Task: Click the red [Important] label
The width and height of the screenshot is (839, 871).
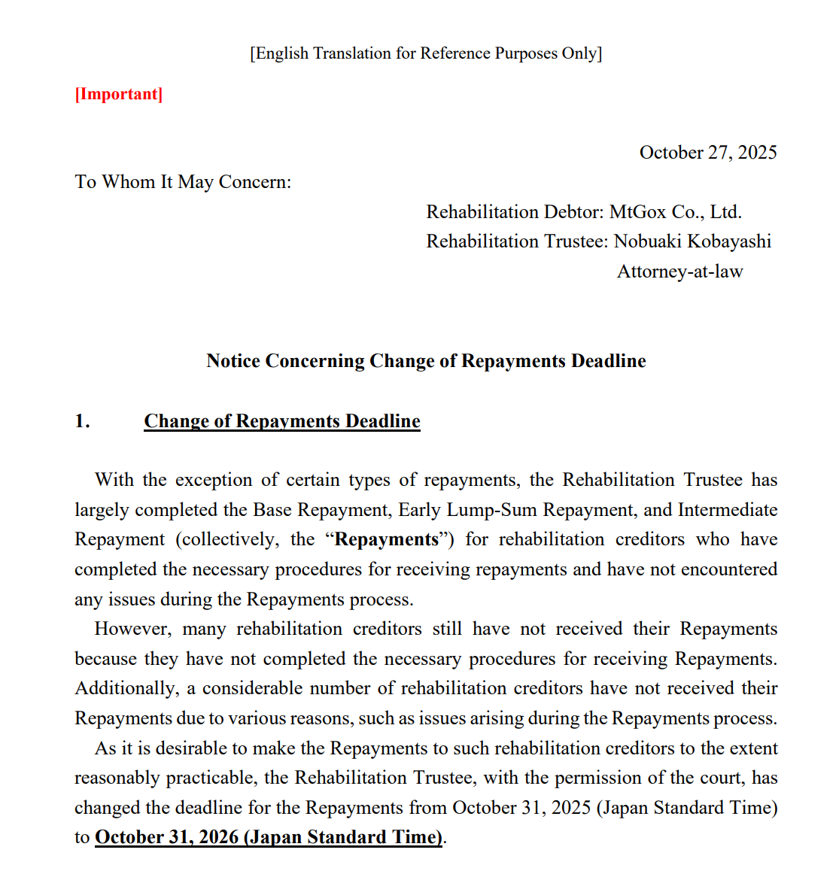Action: (x=119, y=94)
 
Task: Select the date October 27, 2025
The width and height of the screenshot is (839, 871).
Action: (x=707, y=153)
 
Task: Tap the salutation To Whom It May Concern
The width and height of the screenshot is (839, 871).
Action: (x=183, y=182)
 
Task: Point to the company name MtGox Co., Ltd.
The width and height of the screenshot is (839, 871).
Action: (x=675, y=212)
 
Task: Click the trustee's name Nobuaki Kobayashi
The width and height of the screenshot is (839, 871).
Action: (x=692, y=241)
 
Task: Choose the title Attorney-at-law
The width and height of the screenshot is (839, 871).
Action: (x=679, y=272)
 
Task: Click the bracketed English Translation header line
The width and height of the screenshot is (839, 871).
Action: (x=426, y=53)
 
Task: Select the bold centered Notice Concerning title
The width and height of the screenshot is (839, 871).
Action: (x=426, y=361)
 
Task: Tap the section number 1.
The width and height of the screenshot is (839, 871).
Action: (x=82, y=421)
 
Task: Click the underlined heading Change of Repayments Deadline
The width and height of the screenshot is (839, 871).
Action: (x=282, y=421)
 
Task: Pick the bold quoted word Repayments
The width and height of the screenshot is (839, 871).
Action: (x=387, y=539)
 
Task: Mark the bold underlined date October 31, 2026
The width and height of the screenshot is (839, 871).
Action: (x=269, y=837)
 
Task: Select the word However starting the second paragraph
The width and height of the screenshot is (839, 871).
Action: (x=133, y=629)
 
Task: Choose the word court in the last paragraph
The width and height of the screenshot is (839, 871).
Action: (x=718, y=778)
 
